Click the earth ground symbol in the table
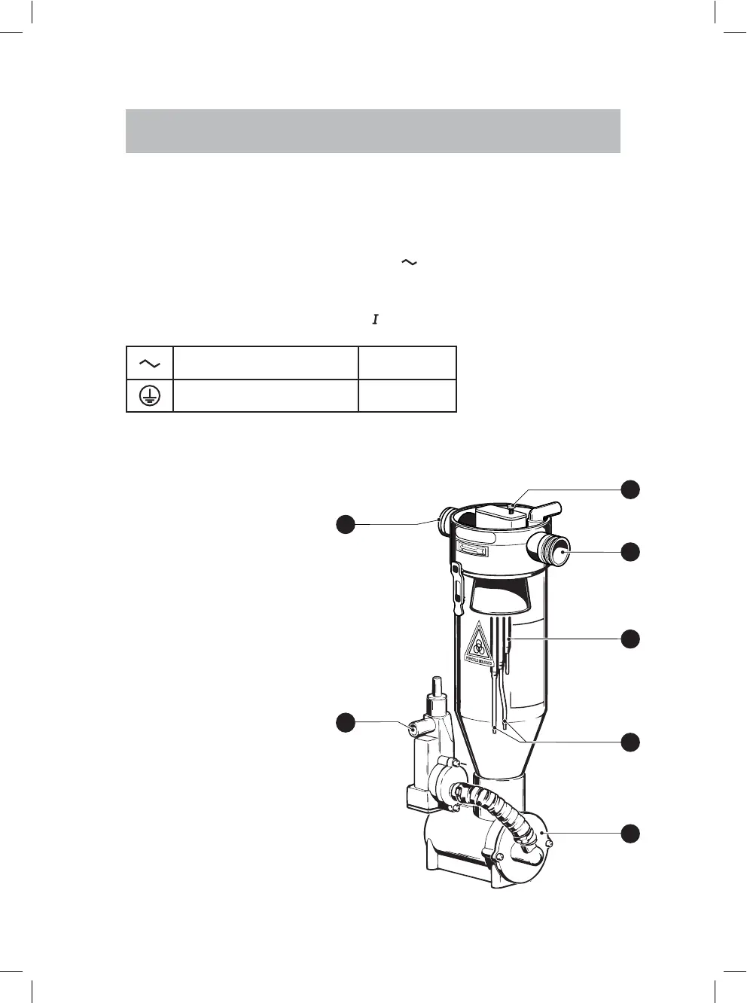(x=150, y=395)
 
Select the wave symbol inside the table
(x=150, y=363)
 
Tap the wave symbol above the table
(x=409, y=262)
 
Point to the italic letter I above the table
(x=374, y=320)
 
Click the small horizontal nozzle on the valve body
(x=414, y=729)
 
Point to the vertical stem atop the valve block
(x=435, y=688)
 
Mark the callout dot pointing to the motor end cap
(x=630, y=834)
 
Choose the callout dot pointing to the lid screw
(x=630, y=489)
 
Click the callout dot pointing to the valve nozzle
(x=345, y=722)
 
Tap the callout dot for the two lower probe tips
(x=630, y=742)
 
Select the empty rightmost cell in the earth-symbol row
(x=407, y=395)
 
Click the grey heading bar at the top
(x=373, y=131)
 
